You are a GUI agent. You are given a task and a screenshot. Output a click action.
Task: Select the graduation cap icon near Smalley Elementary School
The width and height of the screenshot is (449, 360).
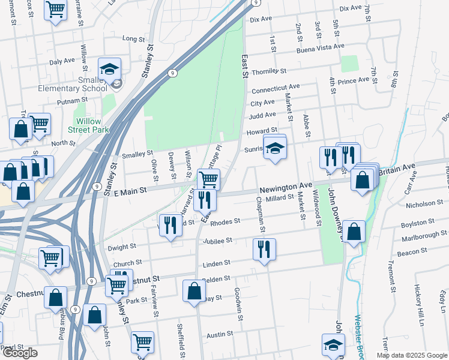110,70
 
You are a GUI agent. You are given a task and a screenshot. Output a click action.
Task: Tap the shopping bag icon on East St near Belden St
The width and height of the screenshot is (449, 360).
195,292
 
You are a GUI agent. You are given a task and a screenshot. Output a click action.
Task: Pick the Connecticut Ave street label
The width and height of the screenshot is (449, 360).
276,89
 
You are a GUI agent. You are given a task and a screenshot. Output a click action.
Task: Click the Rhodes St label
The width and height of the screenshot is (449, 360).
225,221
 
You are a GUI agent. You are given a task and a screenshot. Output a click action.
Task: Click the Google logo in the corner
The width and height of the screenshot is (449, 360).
20,353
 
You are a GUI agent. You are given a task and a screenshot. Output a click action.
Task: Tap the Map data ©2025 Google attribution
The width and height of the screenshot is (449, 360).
412,355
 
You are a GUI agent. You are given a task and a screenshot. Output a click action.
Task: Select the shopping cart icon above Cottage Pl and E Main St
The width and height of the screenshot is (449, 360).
208,178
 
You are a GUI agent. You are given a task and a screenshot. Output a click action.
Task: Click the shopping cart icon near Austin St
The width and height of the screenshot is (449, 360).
142,343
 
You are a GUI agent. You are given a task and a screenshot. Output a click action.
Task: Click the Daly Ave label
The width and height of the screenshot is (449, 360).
61,61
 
